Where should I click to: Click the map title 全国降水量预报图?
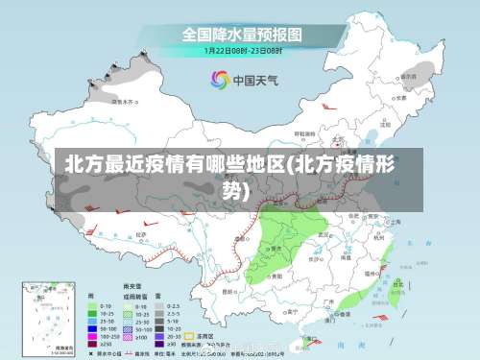pyautogui.click(x=242, y=34)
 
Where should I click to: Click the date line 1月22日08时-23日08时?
pyautogui.click(x=242, y=50)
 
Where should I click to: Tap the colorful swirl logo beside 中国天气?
pyautogui.click(x=220, y=79)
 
